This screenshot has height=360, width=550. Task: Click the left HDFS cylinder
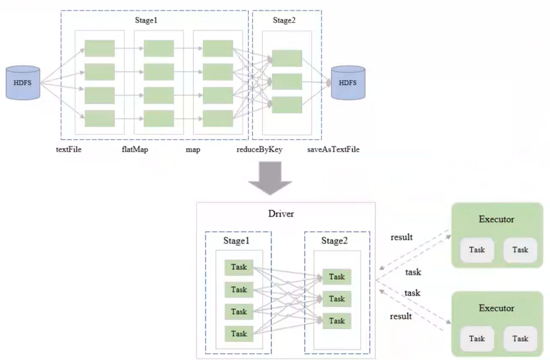[23, 83]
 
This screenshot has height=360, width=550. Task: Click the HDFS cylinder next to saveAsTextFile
[348, 83]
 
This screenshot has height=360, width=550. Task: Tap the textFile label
[68, 149]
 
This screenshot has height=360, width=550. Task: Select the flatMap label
[135, 149]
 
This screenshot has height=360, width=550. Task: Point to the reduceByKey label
[259, 149]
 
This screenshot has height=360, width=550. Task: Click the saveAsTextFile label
[333, 149]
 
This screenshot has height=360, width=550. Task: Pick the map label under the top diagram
[193, 149]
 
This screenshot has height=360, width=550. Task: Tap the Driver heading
[281, 214]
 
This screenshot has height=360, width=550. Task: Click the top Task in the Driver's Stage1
[239, 267]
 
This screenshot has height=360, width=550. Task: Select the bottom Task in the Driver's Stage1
[239, 334]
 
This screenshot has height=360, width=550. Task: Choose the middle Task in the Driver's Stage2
[337, 299]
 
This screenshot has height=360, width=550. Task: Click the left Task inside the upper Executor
[477, 250]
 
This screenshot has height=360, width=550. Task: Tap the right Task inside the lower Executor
[520, 339]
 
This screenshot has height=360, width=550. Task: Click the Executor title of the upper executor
[496, 219]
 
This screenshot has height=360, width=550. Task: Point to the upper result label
[402, 237]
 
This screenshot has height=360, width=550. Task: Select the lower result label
[401, 316]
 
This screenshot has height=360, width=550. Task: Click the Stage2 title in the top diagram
[284, 20]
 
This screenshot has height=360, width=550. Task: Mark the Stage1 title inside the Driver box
[236, 241]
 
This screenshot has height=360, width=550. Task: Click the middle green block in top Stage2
[287, 81]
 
